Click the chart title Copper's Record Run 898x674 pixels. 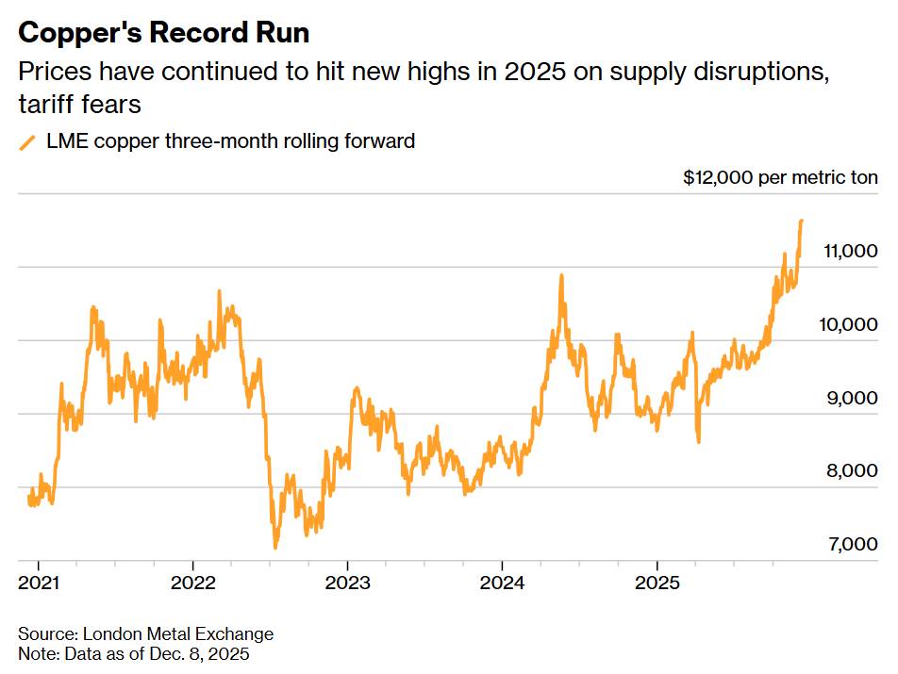(x=164, y=33)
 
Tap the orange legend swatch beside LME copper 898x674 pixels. (x=27, y=143)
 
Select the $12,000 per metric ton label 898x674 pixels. (x=780, y=177)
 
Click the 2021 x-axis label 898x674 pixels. (x=40, y=583)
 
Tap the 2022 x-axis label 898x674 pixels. (x=194, y=583)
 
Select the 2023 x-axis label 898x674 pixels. (x=349, y=583)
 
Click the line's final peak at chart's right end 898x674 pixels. (x=801, y=222)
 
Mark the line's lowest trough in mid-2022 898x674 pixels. (x=275, y=547)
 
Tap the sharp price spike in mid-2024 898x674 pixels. (x=561, y=276)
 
